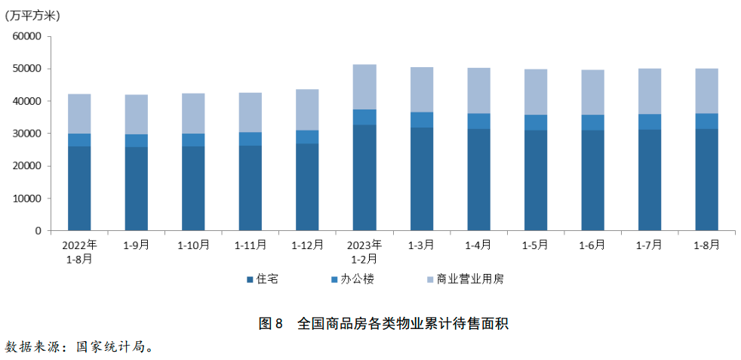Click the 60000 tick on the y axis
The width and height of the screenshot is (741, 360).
[x=26, y=36]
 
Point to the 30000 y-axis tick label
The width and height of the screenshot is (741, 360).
[x=26, y=134]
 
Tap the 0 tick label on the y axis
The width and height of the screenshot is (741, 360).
[x=37, y=231]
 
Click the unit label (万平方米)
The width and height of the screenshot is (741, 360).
[x=32, y=15]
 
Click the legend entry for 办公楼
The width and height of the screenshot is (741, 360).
[x=352, y=279]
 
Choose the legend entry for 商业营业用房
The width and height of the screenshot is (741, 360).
[x=465, y=279]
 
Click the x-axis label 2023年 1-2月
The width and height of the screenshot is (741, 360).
[x=364, y=251]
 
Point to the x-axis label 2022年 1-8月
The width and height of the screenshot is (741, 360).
[x=79, y=251]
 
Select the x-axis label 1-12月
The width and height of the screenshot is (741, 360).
[x=307, y=245]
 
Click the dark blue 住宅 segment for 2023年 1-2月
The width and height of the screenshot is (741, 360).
[x=364, y=177]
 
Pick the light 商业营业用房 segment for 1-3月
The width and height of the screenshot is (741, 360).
[x=422, y=90]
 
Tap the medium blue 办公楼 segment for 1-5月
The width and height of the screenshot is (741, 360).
[x=536, y=122]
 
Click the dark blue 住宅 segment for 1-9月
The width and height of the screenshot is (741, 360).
[x=137, y=189]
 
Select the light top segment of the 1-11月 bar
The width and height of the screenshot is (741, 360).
[x=251, y=112]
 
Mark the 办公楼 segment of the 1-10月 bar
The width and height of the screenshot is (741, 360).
[x=193, y=140]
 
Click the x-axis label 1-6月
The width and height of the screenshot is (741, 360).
[x=592, y=245]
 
